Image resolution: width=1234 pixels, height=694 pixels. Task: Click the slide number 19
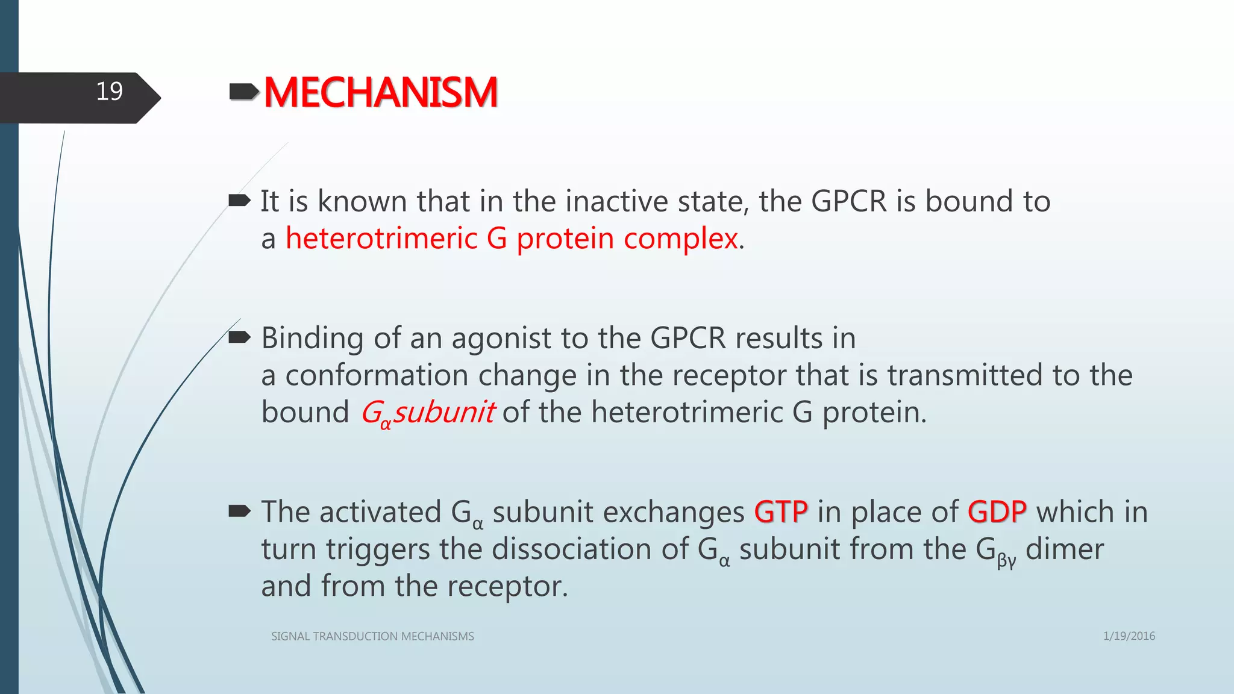coord(109,92)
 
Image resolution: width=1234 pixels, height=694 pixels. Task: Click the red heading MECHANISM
coord(380,93)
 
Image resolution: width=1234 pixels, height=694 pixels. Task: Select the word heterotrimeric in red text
coord(381,239)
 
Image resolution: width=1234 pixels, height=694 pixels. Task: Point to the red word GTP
coord(780,512)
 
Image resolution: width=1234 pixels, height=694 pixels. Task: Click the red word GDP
coord(997,512)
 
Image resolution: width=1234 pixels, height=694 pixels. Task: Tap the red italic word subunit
coord(444,413)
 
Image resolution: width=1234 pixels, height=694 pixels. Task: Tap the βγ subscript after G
coord(1006,561)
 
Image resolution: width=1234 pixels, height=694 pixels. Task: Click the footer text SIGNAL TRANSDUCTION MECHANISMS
coord(372,636)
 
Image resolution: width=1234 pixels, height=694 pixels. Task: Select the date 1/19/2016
coord(1129,636)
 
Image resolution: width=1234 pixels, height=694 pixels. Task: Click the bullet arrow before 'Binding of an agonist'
coord(239,337)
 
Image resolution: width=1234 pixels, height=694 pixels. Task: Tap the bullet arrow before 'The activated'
coord(239,511)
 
